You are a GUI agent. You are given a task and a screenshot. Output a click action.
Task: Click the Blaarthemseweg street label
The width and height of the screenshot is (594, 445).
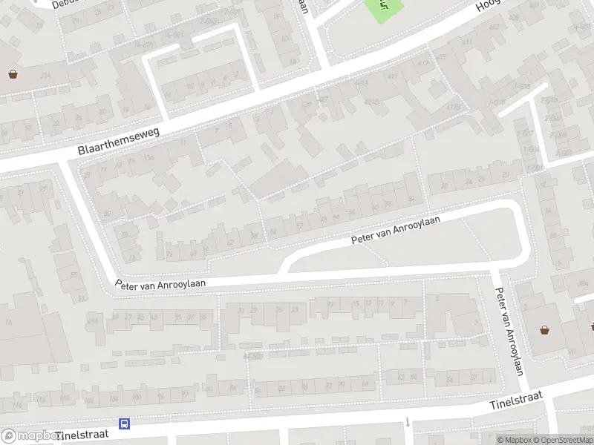tap(120, 139)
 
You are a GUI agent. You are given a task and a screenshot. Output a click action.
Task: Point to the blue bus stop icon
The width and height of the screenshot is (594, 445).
tap(124, 424)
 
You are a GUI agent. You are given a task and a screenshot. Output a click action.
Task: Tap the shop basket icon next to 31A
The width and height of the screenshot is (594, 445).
tap(13, 73)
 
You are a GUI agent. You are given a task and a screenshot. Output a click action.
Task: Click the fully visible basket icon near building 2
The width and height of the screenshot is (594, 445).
tap(545, 330)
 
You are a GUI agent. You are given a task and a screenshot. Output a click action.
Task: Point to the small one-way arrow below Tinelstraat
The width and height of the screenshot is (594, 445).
tap(408, 423)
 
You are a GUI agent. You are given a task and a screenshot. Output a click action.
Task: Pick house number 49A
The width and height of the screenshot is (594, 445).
tap(93, 320)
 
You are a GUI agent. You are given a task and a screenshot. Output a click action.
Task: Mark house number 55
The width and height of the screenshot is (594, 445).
tap(74, 274)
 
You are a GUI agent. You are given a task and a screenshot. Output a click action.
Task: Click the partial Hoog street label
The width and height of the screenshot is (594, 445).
tap(489, 5)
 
